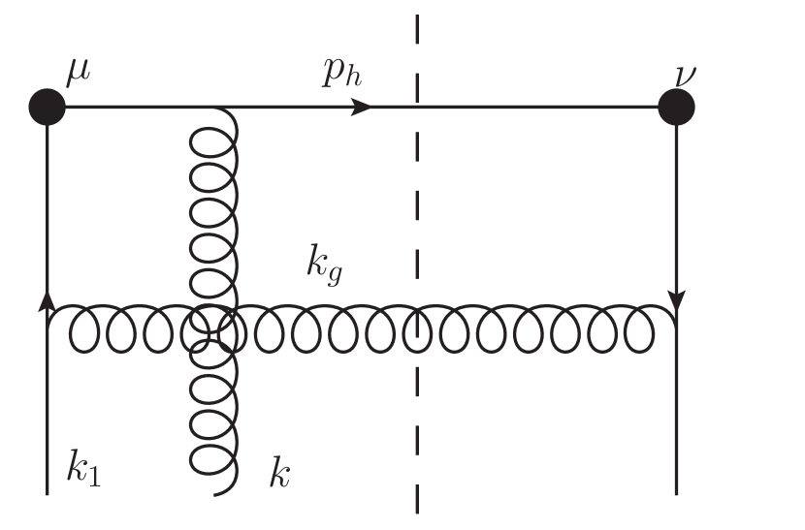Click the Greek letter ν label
(x=692, y=75)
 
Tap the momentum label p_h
(x=341, y=75)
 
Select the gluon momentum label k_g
(x=322, y=264)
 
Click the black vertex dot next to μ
(x=47, y=107)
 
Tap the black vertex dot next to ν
(x=676, y=107)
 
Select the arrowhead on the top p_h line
(x=361, y=107)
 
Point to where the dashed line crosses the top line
(x=418, y=107)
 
